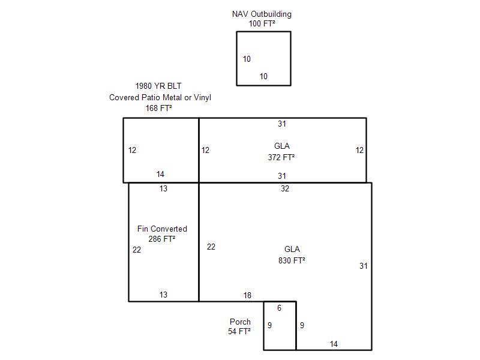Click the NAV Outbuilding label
coord(262,14)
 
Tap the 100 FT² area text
coord(262,23)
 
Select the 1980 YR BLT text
coord(158,86)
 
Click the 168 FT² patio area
coord(158,108)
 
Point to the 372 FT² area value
coord(281,157)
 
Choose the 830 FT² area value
coord(292,260)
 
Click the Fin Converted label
coord(162,229)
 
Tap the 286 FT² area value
coord(162,239)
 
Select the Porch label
coord(241,322)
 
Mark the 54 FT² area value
coord(239,331)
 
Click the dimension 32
coord(285,188)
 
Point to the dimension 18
coord(247,295)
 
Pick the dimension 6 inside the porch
coord(279,308)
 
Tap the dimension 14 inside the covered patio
coord(160,175)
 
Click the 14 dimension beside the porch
coord(334,344)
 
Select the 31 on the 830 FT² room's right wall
coord(364,266)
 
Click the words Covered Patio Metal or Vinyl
coord(160,97)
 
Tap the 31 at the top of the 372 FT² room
coord(282,124)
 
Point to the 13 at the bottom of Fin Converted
coord(163,295)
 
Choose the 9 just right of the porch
coord(302,325)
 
